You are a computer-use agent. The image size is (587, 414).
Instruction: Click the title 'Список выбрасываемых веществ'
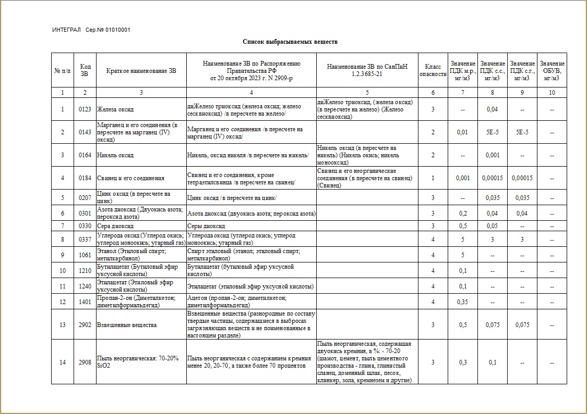pos(294,41)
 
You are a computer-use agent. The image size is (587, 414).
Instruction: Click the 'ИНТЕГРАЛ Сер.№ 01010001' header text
pos(91,30)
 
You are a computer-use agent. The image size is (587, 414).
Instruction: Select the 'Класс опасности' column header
pos(433,70)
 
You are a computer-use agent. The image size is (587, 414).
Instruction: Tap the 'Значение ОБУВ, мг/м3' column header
pos(552,71)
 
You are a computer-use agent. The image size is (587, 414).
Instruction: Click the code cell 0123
pos(85,109)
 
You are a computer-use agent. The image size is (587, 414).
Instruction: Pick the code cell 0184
pos(85,178)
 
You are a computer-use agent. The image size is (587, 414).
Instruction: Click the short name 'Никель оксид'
pos(115,155)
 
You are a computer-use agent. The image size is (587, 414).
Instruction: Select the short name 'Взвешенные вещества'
pos(127,325)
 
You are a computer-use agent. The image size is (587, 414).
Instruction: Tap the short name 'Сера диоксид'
pos(115,227)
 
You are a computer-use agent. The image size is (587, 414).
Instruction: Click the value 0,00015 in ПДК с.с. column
pos(492,178)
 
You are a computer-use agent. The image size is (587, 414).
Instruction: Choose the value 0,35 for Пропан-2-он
pos(462,302)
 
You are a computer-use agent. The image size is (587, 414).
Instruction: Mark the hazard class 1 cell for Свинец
pos(433,178)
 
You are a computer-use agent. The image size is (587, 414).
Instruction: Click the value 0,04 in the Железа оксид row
pos(492,109)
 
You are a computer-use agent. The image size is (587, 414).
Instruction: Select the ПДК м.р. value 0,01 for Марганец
pos(462,132)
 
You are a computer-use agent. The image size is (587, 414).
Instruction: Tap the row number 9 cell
pos(63,255)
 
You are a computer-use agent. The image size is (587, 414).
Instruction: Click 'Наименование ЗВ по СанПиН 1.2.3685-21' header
pos(367,70)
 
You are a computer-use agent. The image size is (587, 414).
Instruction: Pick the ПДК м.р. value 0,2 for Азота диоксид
pos(462,214)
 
